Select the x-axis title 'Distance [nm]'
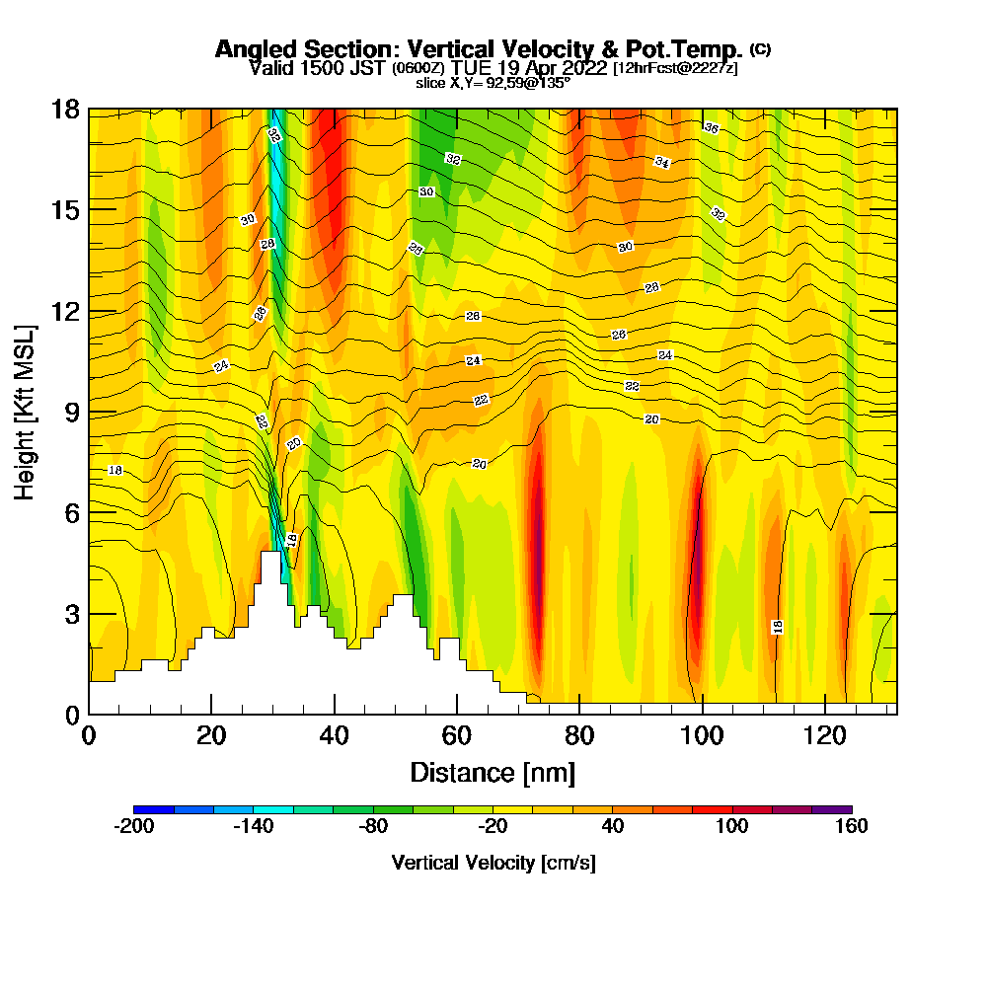[493, 772]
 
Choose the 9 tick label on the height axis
[70, 412]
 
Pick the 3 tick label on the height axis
[70, 614]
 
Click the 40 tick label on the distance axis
[335, 736]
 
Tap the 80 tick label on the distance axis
[579, 736]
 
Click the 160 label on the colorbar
[851, 827]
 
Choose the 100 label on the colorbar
[732, 827]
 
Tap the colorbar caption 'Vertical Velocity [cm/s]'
[493, 863]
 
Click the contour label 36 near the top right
[711, 127]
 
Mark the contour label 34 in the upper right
[662, 162]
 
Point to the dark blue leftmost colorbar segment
[153, 809]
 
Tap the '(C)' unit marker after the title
[760, 49]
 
